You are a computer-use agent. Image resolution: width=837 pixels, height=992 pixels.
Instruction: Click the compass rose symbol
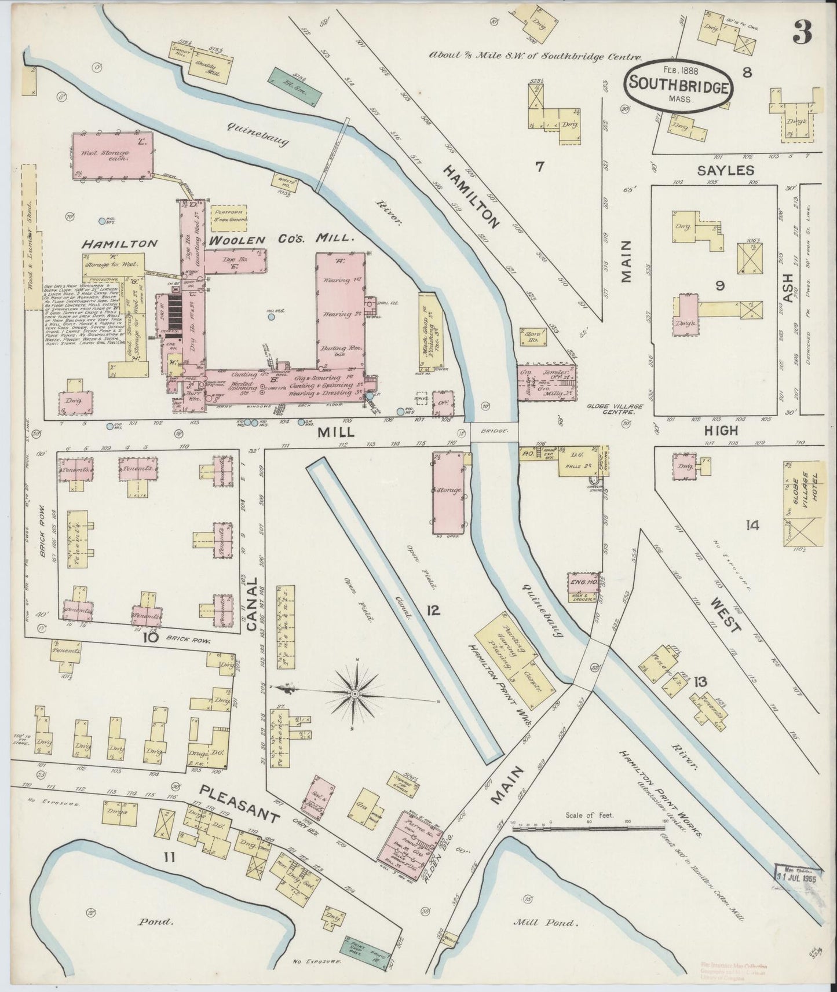click(354, 692)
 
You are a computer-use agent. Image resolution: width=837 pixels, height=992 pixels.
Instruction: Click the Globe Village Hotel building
click(804, 501)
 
